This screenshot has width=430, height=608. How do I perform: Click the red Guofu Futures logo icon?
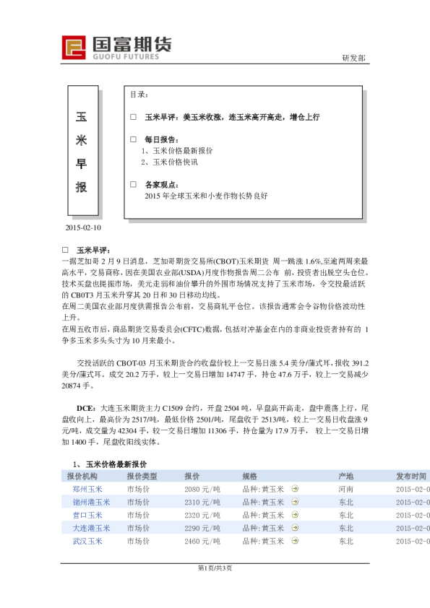(x=74, y=48)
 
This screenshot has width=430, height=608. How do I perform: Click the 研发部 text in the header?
(x=353, y=58)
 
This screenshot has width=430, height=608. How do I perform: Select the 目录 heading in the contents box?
(x=139, y=95)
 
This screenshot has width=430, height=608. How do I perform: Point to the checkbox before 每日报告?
(x=133, y=139)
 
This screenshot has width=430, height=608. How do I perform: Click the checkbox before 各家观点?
(x=133, y=184)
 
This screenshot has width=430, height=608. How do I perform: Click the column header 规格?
(x=249, y=477)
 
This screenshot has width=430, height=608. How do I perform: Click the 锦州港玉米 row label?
(x=91, y=502)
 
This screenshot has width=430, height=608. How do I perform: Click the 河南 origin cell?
(x=345, y=489)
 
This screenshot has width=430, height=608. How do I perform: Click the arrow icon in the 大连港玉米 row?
(x=294, y=528)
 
